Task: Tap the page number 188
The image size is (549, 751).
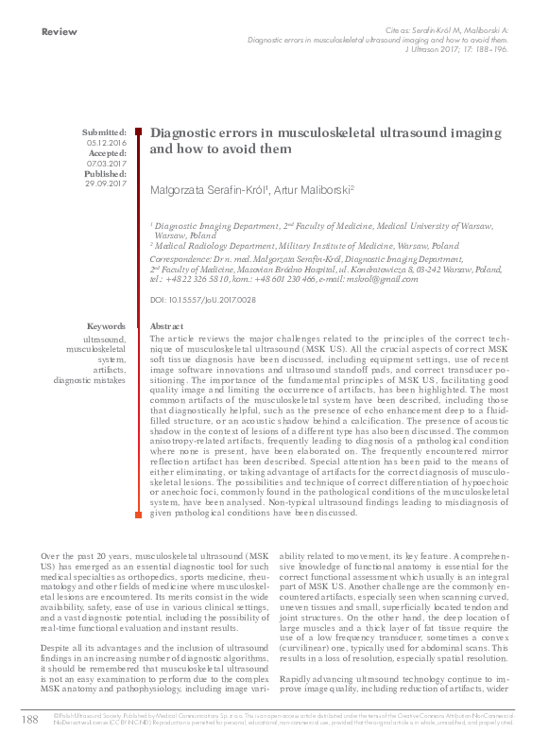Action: [x=28, y=721]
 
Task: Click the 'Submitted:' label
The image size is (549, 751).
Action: [x=104, y=132]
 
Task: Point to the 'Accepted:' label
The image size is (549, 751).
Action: [x=106, y=153]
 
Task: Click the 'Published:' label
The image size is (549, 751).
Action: [x=104, y=173]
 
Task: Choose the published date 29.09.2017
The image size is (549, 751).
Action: [x=106, y=183]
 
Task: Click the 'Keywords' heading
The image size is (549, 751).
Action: [x=106, y=325]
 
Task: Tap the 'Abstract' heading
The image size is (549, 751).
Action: [x=167, y=325]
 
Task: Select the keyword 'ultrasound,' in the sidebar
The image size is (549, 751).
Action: [x=104, y=338]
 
